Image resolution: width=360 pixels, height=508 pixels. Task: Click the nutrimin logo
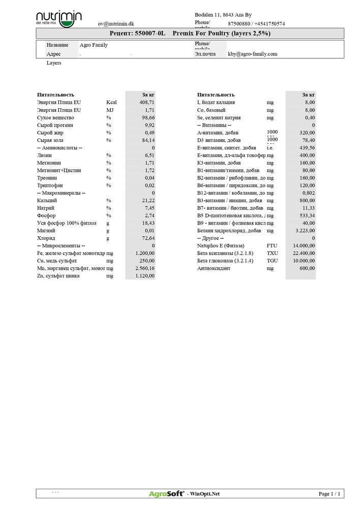coord(59,18)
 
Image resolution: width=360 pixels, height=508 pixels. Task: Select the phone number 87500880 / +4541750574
coord(256,24)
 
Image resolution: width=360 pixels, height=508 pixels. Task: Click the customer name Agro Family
coord(94,45)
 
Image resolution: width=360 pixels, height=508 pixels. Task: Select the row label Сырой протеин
coord(55,125)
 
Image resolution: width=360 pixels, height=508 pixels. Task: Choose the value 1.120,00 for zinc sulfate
coord(144,276)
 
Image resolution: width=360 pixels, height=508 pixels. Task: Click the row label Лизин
coord(44,155)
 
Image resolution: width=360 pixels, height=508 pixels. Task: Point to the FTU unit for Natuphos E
coord(272,246)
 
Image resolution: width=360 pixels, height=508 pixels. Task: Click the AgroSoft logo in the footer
coord(166,494)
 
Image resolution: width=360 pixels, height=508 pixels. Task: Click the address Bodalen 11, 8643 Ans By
coord(223,16)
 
